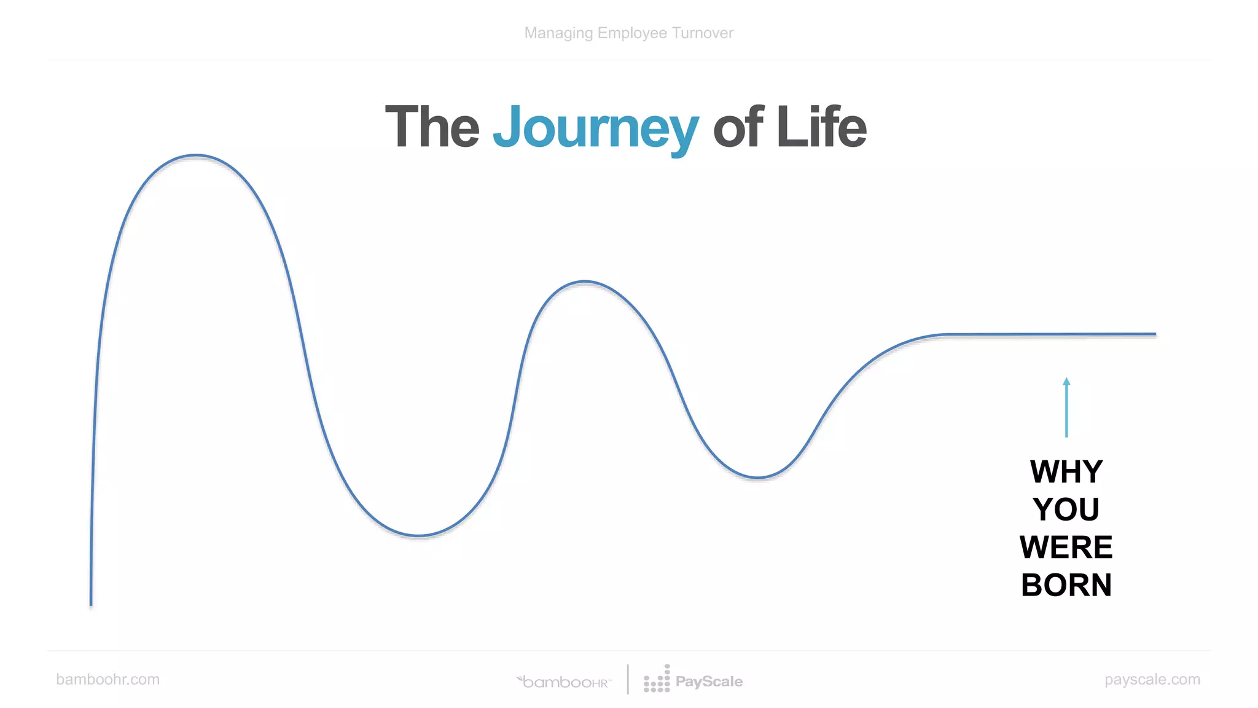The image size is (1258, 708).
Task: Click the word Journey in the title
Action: (x=595, y=128)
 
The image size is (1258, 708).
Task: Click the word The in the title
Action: (x=432, y=127)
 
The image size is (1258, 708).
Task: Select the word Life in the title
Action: (x=821, y=127)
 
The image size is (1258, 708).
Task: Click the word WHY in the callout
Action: (x=1066, y=472)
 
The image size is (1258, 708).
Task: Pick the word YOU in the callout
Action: (x=1066, y=509)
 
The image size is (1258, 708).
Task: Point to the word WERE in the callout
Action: (x=1066, y=547)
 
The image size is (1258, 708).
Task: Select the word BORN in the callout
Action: (x=1066, y=584)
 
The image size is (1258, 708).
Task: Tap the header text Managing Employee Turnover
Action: (x=628, y=33)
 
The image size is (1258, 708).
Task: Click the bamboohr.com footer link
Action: (x=107, y=679)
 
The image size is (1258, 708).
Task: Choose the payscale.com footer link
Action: (x=1152, y=679)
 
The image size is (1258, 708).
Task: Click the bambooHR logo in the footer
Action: (x=564, y=682)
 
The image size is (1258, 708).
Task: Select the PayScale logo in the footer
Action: (x=693, y=680)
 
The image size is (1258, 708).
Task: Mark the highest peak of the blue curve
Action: (x=195, y=155)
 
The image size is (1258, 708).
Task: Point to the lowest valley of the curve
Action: (x=418, y=535)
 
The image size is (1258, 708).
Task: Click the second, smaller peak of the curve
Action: (x=585, y=282)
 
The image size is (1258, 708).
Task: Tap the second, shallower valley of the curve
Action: (x=758, y=477)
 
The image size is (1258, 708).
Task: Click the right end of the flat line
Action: (x=1154, y=334)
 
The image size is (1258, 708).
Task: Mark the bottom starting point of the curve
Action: (x=92, y=604)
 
